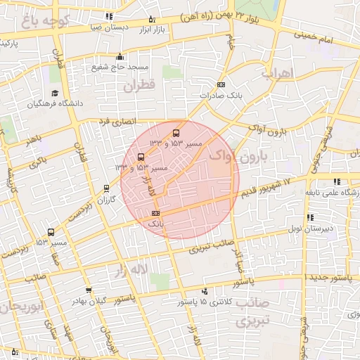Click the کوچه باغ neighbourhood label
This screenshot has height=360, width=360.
coord(49,20)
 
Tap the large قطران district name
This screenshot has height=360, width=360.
coord(139,86)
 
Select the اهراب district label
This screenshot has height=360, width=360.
coord(276,73)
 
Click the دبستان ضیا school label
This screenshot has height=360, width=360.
coord(110,27)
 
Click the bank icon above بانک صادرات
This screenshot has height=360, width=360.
coord(221,84)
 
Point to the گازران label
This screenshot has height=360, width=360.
coord(105,200)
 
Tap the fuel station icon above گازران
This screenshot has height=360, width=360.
coord(106,188)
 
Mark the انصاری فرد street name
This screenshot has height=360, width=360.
coord(115,122)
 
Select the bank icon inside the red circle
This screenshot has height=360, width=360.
coord(155,213)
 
